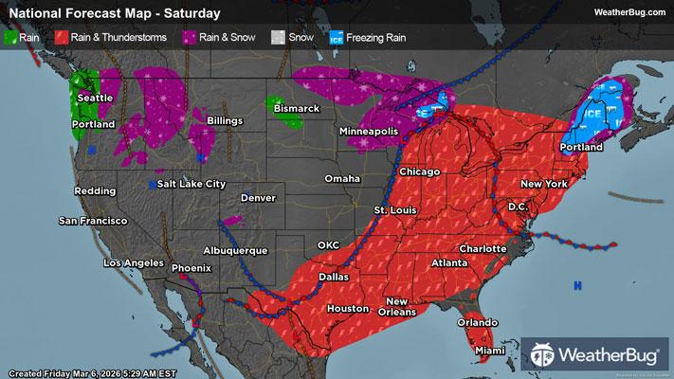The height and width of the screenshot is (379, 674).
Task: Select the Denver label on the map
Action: [x=258, y=198]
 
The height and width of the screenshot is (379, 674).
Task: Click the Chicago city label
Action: [x=420, y=171]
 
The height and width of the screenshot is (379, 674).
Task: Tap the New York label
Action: [x=543, y=182]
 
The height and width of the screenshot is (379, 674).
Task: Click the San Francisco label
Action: [x=93, y=222]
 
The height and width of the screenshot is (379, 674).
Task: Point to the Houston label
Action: [x=346, y=309]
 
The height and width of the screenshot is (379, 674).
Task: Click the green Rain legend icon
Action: [x=11, y=38]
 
